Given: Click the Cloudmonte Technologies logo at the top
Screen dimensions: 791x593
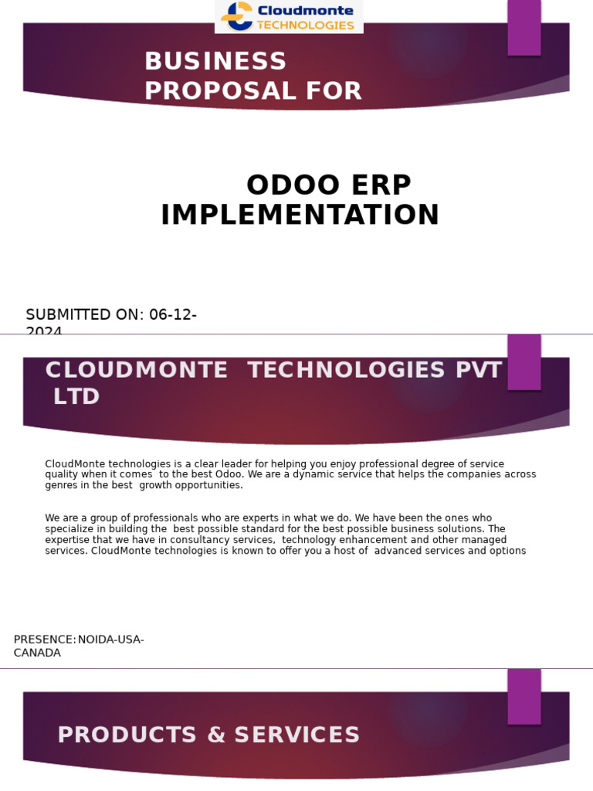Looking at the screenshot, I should tap(288, 16).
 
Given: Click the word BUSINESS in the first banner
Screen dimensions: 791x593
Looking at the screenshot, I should tap(215, 61).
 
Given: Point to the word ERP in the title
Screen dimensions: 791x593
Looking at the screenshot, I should tap(380, 185).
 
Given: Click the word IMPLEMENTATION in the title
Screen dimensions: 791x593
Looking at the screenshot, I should tap(300, 216).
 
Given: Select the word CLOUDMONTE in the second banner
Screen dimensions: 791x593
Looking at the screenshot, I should tap(137, 370).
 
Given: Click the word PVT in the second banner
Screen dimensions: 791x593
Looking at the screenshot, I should tap(479, 370).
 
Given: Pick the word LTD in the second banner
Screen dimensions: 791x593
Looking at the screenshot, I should tap(76, 397).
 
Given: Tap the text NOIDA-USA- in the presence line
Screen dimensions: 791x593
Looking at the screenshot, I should tap(111, 640).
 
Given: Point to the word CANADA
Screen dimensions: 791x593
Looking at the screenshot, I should tap(37, 653).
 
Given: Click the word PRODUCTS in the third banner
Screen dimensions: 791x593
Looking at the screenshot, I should tap(127, 735).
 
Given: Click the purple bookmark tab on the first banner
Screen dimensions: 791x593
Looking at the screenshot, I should tap(524, 26).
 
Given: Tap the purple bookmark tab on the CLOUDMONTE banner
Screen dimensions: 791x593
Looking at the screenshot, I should tap(524, 362).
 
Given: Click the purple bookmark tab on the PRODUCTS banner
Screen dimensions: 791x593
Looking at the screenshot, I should tap(524, 696).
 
